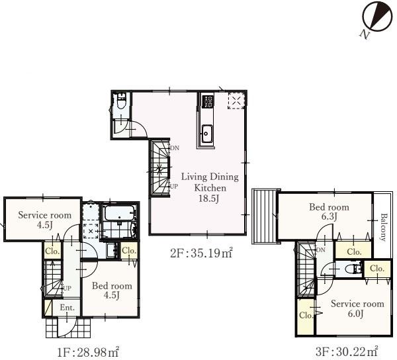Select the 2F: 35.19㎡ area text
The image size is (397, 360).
[x=201, y=253]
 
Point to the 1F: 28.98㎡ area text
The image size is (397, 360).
[x=88, y=352]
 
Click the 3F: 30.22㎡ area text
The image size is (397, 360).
[x=347, y=351]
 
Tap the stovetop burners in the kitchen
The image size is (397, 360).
[x=208, y=101]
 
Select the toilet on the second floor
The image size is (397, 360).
[x=121, y=101]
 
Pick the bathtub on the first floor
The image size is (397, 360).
[x=119, y=213]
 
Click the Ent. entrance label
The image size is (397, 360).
[x=67, y=308]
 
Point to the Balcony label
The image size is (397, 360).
[x=384, y=227]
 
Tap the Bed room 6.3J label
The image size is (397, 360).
[x=329, y=212]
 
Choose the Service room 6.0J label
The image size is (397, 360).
[x=357, y=308]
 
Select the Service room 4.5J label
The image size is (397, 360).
[x=44, y=220]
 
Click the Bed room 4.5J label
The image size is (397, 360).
[x=112, y=291]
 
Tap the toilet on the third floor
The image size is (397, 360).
[x=354, y=269]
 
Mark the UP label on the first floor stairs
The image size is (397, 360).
[x=67, y=288]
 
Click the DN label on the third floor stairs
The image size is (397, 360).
[x=320, y=250]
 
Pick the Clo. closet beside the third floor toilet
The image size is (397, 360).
[x=377, y=268]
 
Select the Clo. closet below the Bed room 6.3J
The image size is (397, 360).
[x=354, y=250]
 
